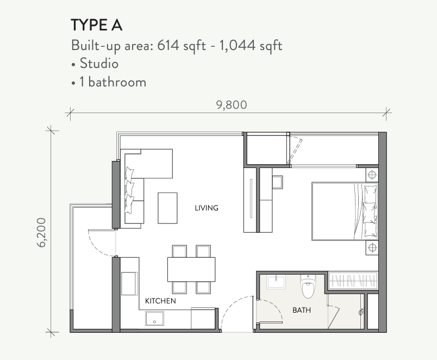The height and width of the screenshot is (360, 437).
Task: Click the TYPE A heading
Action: (x=96, y=25)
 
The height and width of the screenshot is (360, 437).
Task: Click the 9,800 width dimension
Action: (x=232, y=105)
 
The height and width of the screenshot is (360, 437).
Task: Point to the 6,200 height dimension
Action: (x=41, y=233)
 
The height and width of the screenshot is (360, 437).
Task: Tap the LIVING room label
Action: (x=207, y=208)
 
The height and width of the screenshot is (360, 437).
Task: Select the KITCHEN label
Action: (x=160, y=301)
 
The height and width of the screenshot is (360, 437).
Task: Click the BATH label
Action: (x=302, y=310)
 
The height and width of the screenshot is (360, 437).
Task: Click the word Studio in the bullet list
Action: (x=99, y=63)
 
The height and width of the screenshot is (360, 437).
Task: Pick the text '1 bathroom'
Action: (x=113, y=82)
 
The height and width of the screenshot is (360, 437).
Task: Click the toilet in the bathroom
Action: (x=308, y=287)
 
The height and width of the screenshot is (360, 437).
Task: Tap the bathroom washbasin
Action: (x=276, y=282)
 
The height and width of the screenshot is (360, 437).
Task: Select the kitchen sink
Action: (x=154, y=319)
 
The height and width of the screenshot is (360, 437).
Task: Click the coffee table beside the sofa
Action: (x=167, y=208)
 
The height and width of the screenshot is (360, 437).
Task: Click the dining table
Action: (x=191, y=269)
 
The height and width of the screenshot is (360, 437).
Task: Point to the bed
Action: (x=345, y=211)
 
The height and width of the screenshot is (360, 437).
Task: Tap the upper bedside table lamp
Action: (x=372, y=175)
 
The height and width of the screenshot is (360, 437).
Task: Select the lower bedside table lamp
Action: (x=372, y=247)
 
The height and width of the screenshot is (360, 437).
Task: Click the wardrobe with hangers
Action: (x=353, y=280)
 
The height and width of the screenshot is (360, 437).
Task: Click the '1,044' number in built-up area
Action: (x=237, y=46)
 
